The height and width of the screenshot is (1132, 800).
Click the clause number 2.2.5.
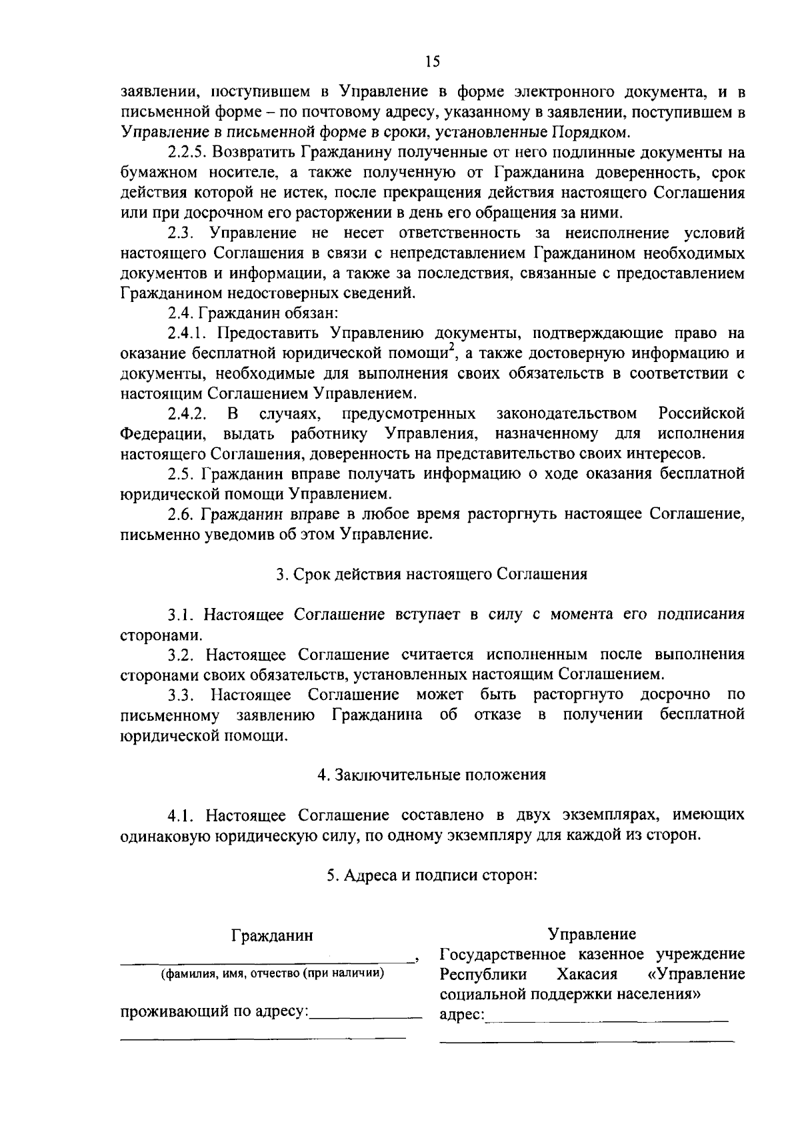coord(185,153)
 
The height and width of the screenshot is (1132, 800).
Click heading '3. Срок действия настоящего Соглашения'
coord(432,574)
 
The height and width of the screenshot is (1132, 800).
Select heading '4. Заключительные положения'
coord(432,775)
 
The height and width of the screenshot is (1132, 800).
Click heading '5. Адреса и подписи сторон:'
coord(432,875)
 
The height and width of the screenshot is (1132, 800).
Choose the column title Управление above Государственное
coord(591,933)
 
